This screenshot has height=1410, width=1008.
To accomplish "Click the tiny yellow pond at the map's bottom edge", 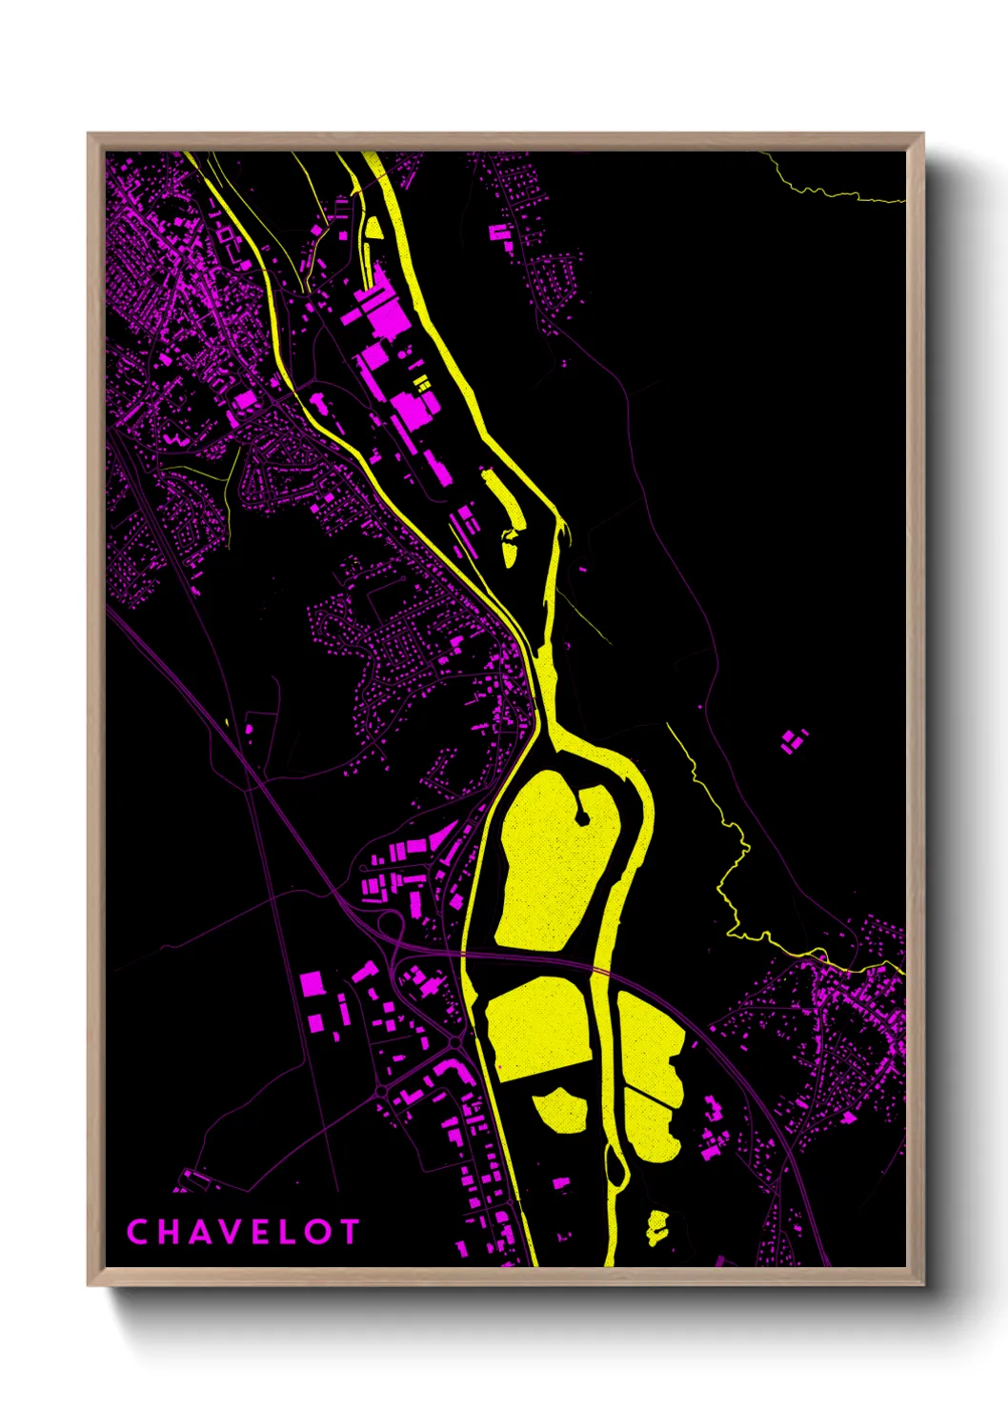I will pos(657,1226).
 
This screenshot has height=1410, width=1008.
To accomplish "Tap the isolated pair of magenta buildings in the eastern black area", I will pos(793,740).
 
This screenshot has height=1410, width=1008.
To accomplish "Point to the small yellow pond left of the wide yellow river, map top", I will pos(373,228).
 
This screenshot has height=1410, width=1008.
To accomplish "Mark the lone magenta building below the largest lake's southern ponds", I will pos(561,1184).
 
